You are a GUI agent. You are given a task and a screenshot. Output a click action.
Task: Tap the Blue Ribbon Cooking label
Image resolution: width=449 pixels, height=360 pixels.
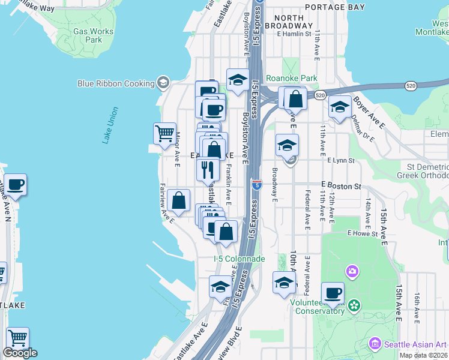(x=116, y=83)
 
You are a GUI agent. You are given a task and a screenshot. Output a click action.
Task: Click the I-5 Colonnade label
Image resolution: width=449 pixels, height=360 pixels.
(x=240, y=259)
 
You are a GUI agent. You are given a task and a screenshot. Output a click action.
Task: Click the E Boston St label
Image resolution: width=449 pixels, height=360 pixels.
(x=340, y=186)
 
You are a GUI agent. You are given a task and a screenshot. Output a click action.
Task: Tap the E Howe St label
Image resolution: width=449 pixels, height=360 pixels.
(x=361, y=233)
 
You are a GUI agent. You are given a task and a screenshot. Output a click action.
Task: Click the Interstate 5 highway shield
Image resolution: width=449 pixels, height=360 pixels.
(x=256, y=185)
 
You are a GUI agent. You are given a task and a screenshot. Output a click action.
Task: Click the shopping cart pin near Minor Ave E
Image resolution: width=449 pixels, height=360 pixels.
(x=164, y=133)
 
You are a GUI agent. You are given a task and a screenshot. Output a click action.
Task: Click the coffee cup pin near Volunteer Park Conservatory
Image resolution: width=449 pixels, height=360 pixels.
(x=333, y=293)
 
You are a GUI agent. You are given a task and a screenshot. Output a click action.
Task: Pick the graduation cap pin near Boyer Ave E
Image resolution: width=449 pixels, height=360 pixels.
(x=340, y=107)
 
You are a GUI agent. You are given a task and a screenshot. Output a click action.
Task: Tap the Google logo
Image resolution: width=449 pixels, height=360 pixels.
(x=20, y=353)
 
